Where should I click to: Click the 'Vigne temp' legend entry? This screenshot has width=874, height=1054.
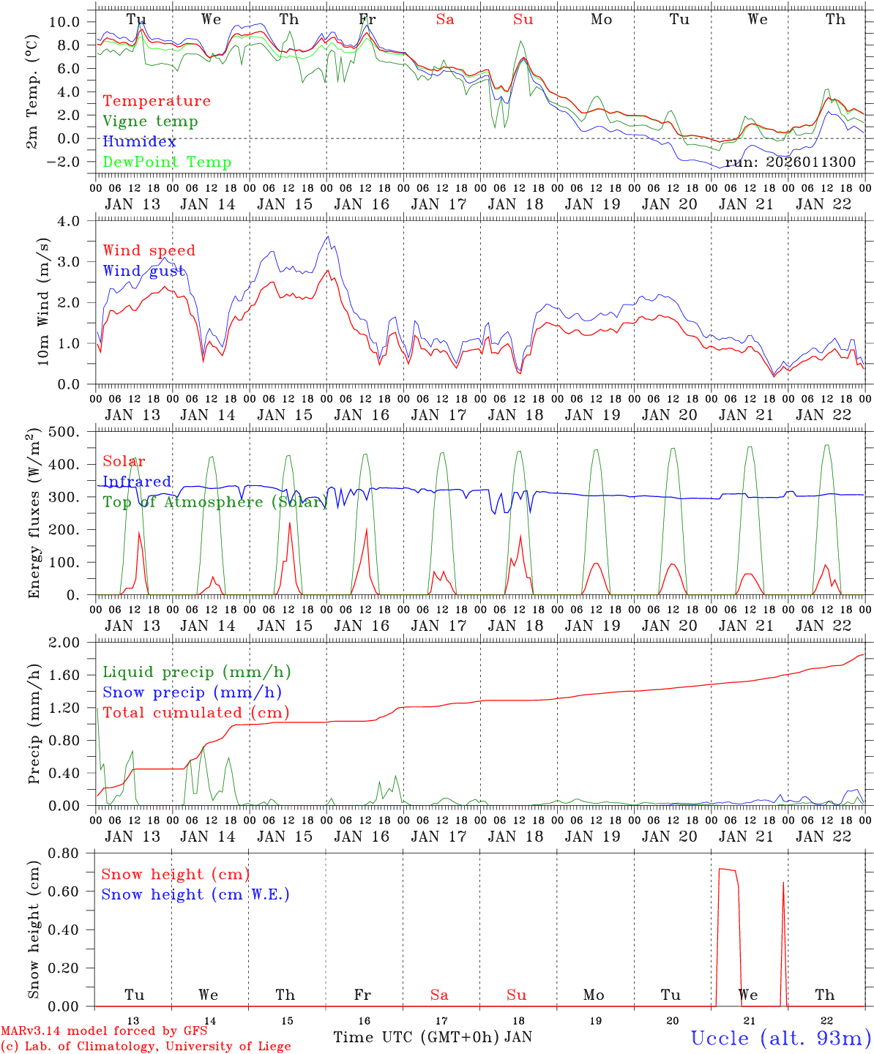point(150,122)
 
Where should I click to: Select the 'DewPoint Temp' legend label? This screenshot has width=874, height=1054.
point(167,162)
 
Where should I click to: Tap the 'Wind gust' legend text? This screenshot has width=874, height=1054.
point(143,271)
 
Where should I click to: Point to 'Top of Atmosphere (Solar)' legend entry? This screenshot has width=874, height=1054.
point(214,502)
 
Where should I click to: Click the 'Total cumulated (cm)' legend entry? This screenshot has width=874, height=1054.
point(195,713)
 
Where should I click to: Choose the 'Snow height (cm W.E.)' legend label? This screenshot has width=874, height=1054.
point(195,894)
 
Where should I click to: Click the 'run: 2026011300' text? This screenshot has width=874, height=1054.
point(790,162)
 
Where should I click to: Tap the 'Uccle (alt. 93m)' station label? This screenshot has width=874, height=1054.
point(781,1038)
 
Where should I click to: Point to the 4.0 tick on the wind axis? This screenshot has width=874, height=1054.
point(78,221)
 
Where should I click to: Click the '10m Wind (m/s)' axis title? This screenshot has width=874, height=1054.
point(43,302)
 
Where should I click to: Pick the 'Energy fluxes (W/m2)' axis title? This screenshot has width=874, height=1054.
point(34,514)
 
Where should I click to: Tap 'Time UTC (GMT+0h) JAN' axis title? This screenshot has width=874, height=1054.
point(433,1037)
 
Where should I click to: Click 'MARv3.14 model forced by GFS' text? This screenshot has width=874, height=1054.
point(104,1031)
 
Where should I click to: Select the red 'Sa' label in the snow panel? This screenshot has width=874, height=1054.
point(439,995)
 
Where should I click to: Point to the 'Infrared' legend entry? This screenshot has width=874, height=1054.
point(137,482)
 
